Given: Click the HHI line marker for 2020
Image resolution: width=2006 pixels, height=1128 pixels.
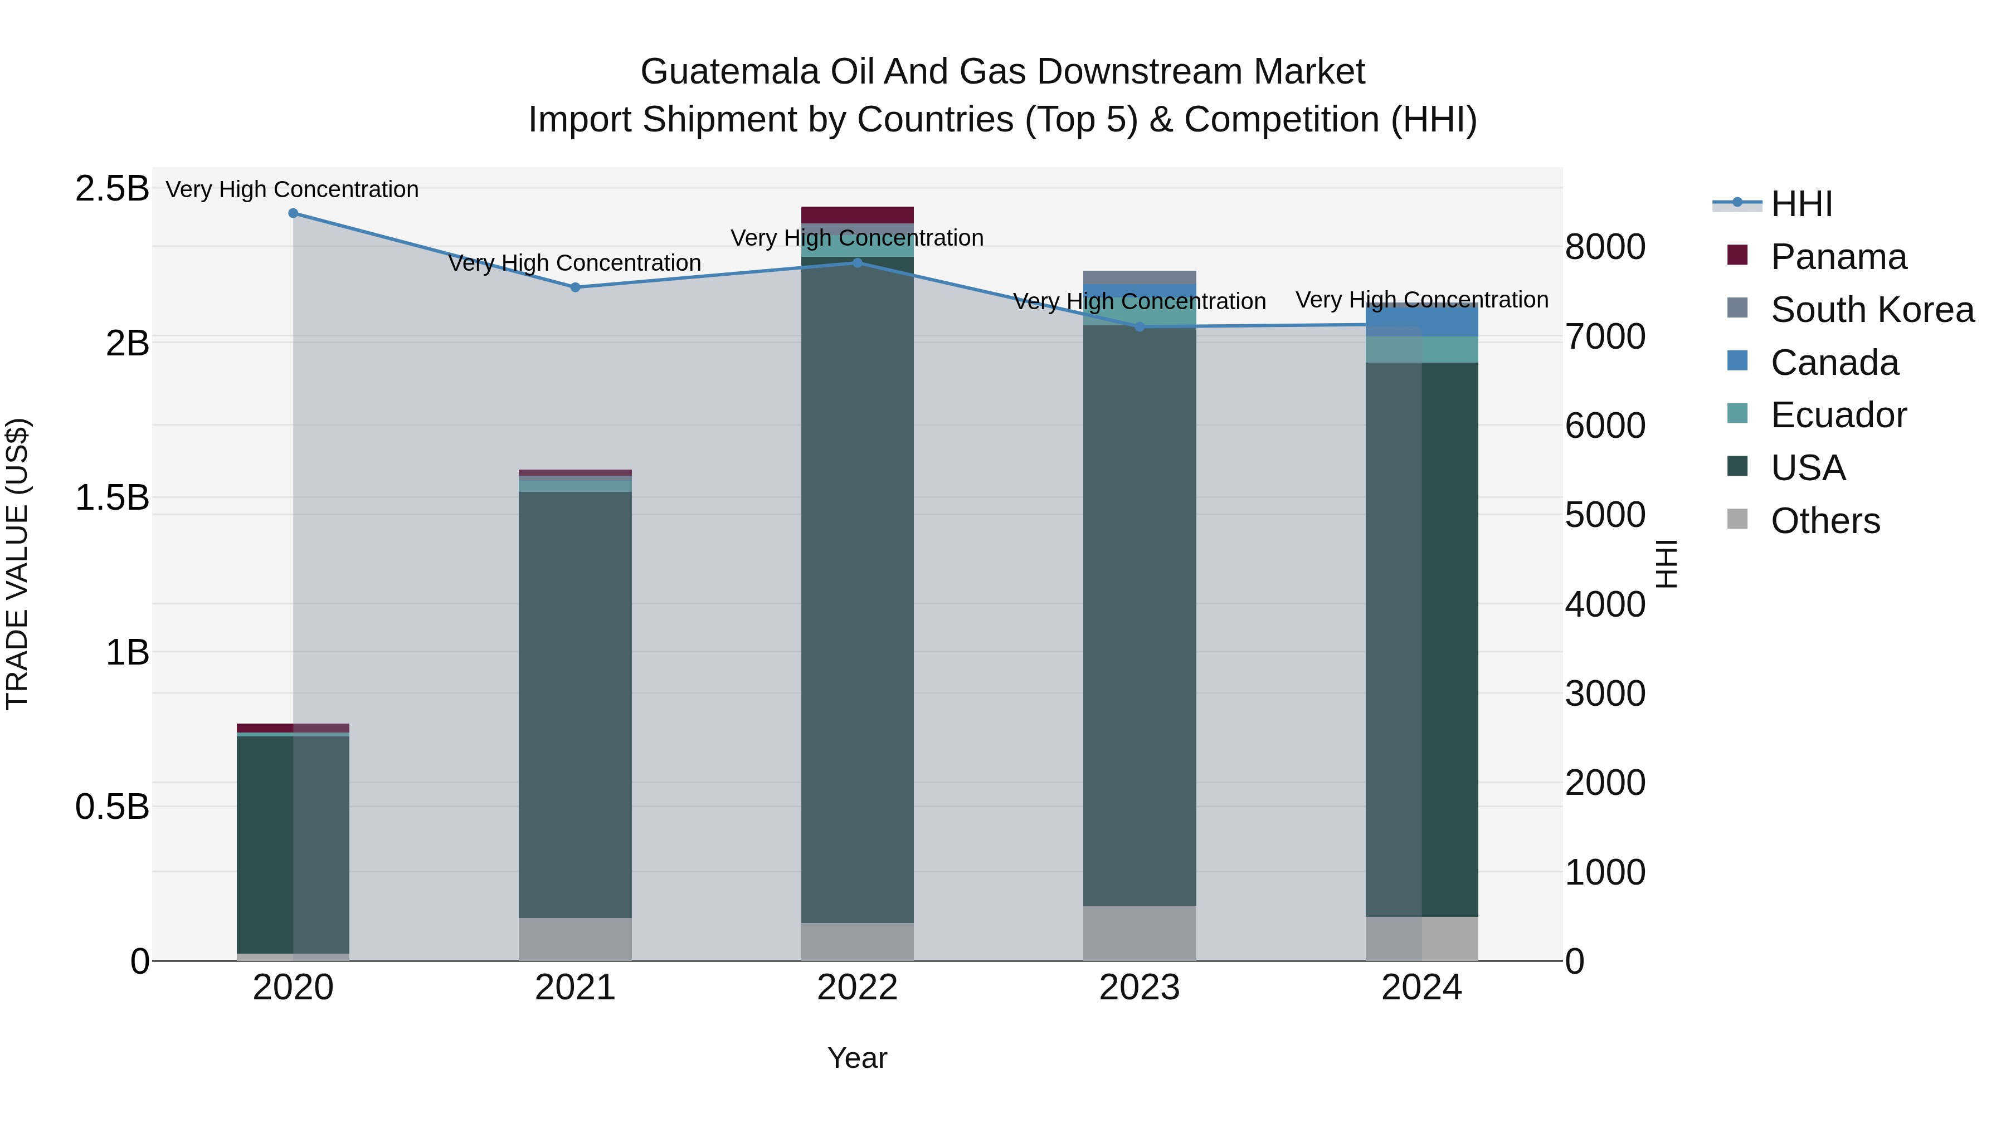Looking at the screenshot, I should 293,213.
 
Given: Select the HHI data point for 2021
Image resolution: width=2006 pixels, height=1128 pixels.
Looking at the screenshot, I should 576,287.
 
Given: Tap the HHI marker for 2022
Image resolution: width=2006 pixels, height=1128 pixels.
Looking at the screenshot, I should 858,263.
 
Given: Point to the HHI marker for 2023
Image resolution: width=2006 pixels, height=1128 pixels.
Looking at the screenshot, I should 1140,327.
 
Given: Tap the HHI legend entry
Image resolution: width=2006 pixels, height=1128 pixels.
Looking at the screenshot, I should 1800,204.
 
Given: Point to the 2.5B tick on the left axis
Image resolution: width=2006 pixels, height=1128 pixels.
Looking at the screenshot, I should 112,188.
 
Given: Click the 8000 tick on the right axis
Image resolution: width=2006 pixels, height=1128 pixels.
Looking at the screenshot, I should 1605,247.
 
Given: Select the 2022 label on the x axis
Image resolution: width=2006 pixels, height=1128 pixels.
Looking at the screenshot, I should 858,988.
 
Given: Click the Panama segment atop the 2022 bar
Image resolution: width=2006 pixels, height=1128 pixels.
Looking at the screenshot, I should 858,215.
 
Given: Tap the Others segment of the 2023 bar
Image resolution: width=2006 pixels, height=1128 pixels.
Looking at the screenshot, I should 1140,932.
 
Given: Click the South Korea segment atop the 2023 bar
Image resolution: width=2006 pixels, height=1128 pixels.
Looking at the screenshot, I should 1140,277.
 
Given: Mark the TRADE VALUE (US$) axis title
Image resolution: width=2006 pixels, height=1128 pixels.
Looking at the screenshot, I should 17,564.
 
